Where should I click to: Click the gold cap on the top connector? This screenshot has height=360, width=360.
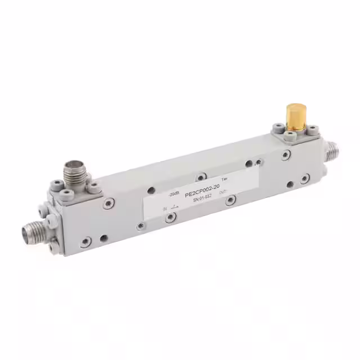(x=293, y=115)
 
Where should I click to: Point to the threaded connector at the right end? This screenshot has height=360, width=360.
(x=334, y=151)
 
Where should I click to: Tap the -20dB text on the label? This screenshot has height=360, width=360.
(x=174, y=193)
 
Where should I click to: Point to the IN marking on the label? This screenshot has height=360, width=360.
(x=165, y=209)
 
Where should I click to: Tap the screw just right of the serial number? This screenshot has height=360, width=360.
(x=230, y=201)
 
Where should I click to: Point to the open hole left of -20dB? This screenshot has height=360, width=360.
(x=151, y=190)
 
